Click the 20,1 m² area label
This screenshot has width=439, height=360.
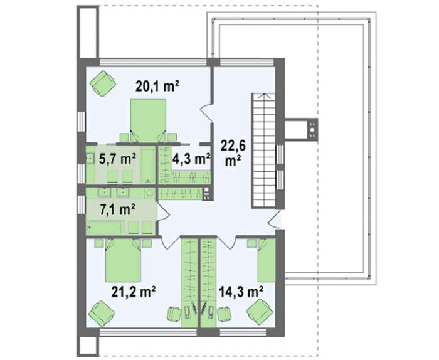[157, 86]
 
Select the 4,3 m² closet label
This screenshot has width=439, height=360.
[191, 159]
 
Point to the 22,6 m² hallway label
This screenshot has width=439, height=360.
[233, 153]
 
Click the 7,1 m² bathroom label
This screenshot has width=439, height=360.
[118, 209]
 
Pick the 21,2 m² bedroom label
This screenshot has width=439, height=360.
[134, 292]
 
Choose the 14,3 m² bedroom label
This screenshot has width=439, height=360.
[241, 292]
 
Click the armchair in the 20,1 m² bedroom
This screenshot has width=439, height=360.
[103, 83]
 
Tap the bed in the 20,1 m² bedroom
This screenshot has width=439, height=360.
[148, 120]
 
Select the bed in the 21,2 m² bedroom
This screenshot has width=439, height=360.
[123, 260]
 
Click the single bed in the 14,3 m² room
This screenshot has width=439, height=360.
[267, 260]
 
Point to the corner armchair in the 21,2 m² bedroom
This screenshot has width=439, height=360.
[102, 314]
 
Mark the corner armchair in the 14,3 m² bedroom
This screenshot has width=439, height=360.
[260, 312]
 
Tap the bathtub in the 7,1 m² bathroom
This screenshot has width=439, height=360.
[105, 227]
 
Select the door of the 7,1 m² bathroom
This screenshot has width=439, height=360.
[164, 212]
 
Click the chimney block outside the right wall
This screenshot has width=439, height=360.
[301, 129]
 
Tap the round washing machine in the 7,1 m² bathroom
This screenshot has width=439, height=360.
[150, 193]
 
